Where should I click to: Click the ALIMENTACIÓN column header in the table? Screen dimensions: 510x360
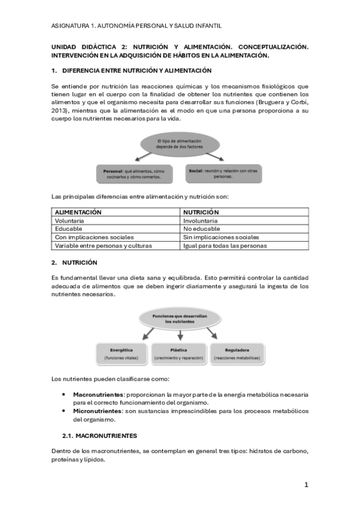tap(78, 212)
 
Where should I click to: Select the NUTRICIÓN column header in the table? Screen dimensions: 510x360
tap(201, 212)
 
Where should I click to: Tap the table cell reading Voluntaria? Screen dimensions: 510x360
tap(70, 221)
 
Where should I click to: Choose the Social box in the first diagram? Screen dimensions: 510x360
tap(222, 173)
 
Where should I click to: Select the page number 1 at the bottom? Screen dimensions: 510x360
tap(306, 484)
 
